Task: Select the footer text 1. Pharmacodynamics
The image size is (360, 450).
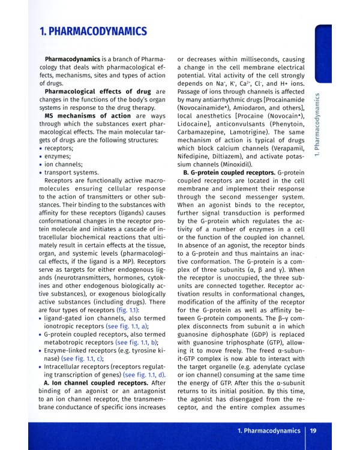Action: [268, 430]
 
